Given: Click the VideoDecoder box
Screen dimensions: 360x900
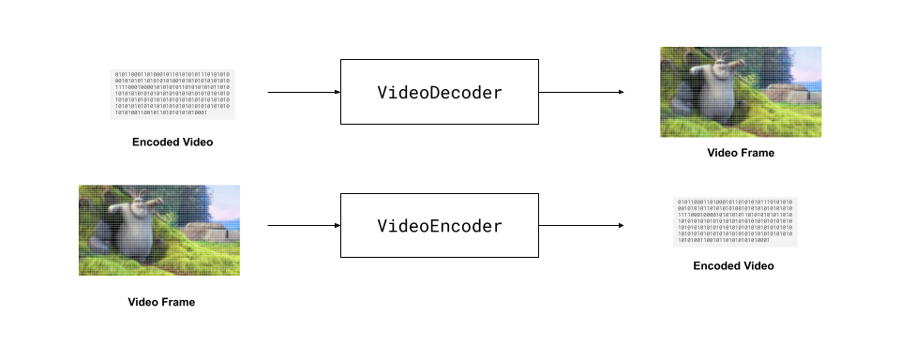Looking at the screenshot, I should click(x=439, y=93).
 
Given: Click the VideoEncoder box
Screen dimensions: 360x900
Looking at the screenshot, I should click(x=439, y=226).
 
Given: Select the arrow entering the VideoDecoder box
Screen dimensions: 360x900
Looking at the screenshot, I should click(x=303, y=93).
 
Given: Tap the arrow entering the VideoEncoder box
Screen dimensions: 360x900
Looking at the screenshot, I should click(x=303, y=226).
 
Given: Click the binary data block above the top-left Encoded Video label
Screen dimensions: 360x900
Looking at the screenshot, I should click(x=172, y=94).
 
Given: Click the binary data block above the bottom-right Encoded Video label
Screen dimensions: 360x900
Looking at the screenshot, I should click(x=734, y=222).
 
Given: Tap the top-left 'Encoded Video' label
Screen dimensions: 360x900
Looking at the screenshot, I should click(x=172, y=142).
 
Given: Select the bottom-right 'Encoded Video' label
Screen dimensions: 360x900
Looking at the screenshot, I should click(x=733, y=265).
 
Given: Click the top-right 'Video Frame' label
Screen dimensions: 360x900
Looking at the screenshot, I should click(x=741, y=153).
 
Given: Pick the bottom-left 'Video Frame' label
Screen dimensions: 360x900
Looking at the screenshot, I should click(x=161, y=302).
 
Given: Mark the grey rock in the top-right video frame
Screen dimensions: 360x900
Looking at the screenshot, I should click(x=792, y=95).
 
